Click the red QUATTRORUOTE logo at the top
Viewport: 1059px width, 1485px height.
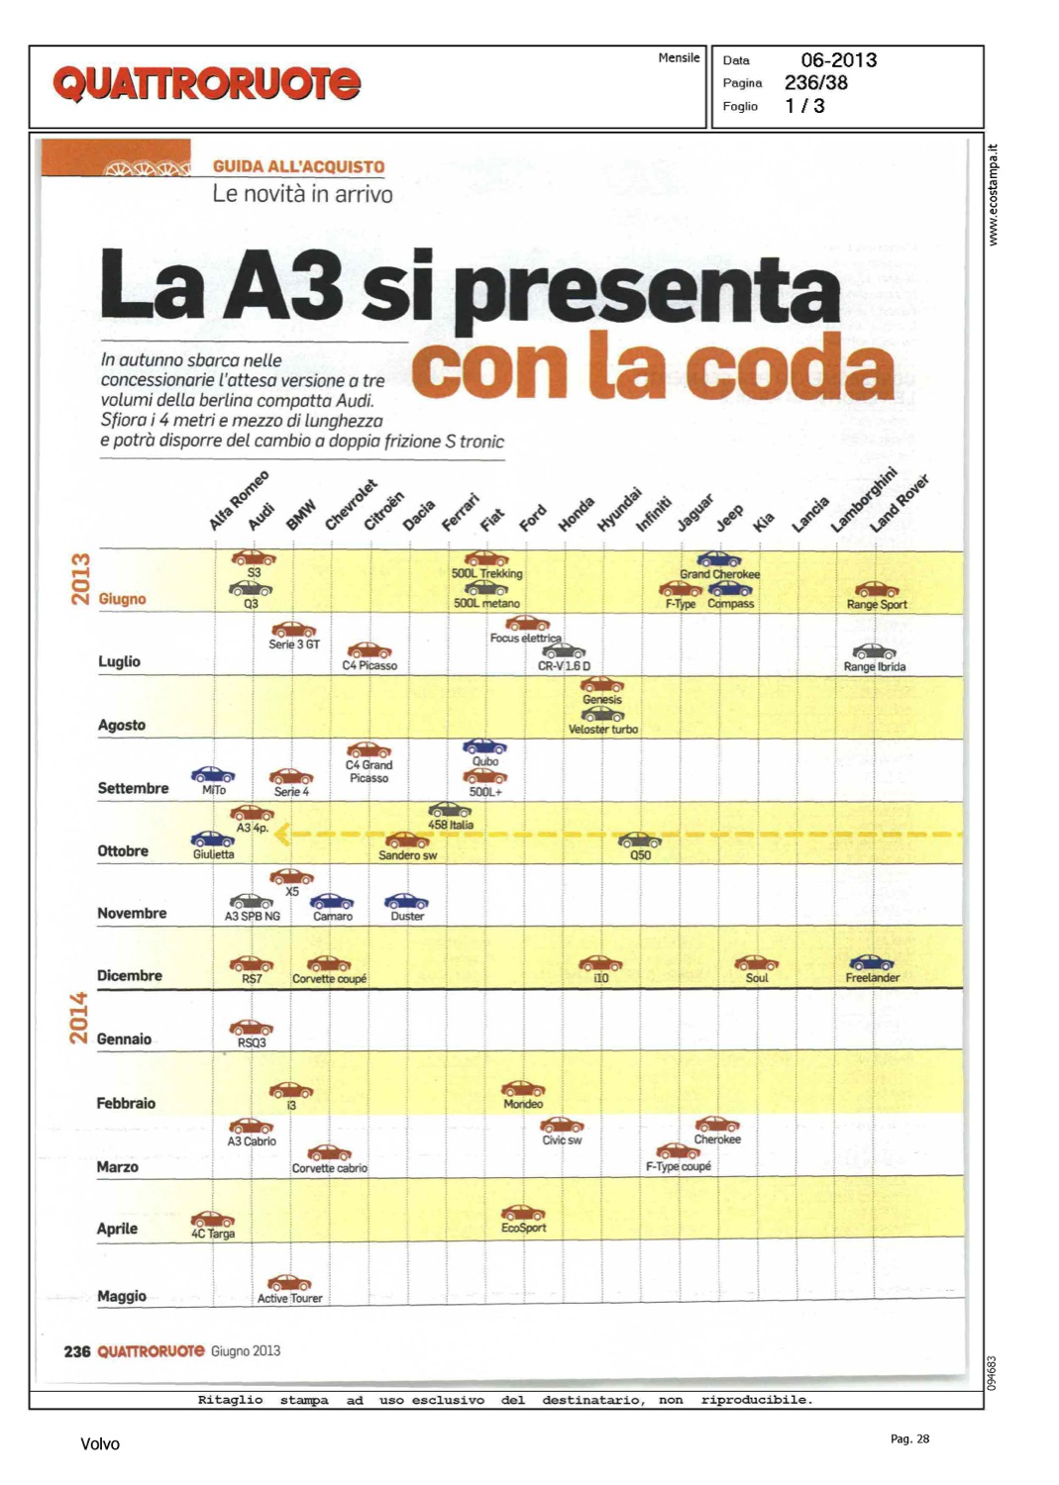click(206, 83)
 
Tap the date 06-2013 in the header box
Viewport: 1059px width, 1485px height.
click(838, 60)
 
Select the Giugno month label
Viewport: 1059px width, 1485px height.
click(122, 599)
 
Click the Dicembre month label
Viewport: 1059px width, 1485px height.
click(129, 975)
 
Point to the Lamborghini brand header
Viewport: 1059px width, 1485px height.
click(863, 500)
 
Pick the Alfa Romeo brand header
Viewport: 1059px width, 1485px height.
click(239, 501)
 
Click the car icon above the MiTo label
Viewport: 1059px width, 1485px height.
click(213, 774)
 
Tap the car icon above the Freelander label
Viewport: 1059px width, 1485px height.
click(872, 962)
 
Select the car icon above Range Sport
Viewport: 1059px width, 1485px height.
click(877, 590)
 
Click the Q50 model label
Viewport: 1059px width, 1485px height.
click(641, 855)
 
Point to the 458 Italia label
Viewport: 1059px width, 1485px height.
click(450, 825)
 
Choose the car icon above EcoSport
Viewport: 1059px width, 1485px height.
click(523, 1213)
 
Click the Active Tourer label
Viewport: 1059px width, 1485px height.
click(289, 1298)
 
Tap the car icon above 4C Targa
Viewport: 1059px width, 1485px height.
click(213, 1219)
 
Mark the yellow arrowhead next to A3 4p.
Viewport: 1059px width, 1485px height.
click(282, 835)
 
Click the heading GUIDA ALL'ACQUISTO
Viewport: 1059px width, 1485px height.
click(298, 167)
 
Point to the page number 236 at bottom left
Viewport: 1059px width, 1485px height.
click(77, 1351)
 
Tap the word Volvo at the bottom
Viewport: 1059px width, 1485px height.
click(99, 1444)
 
